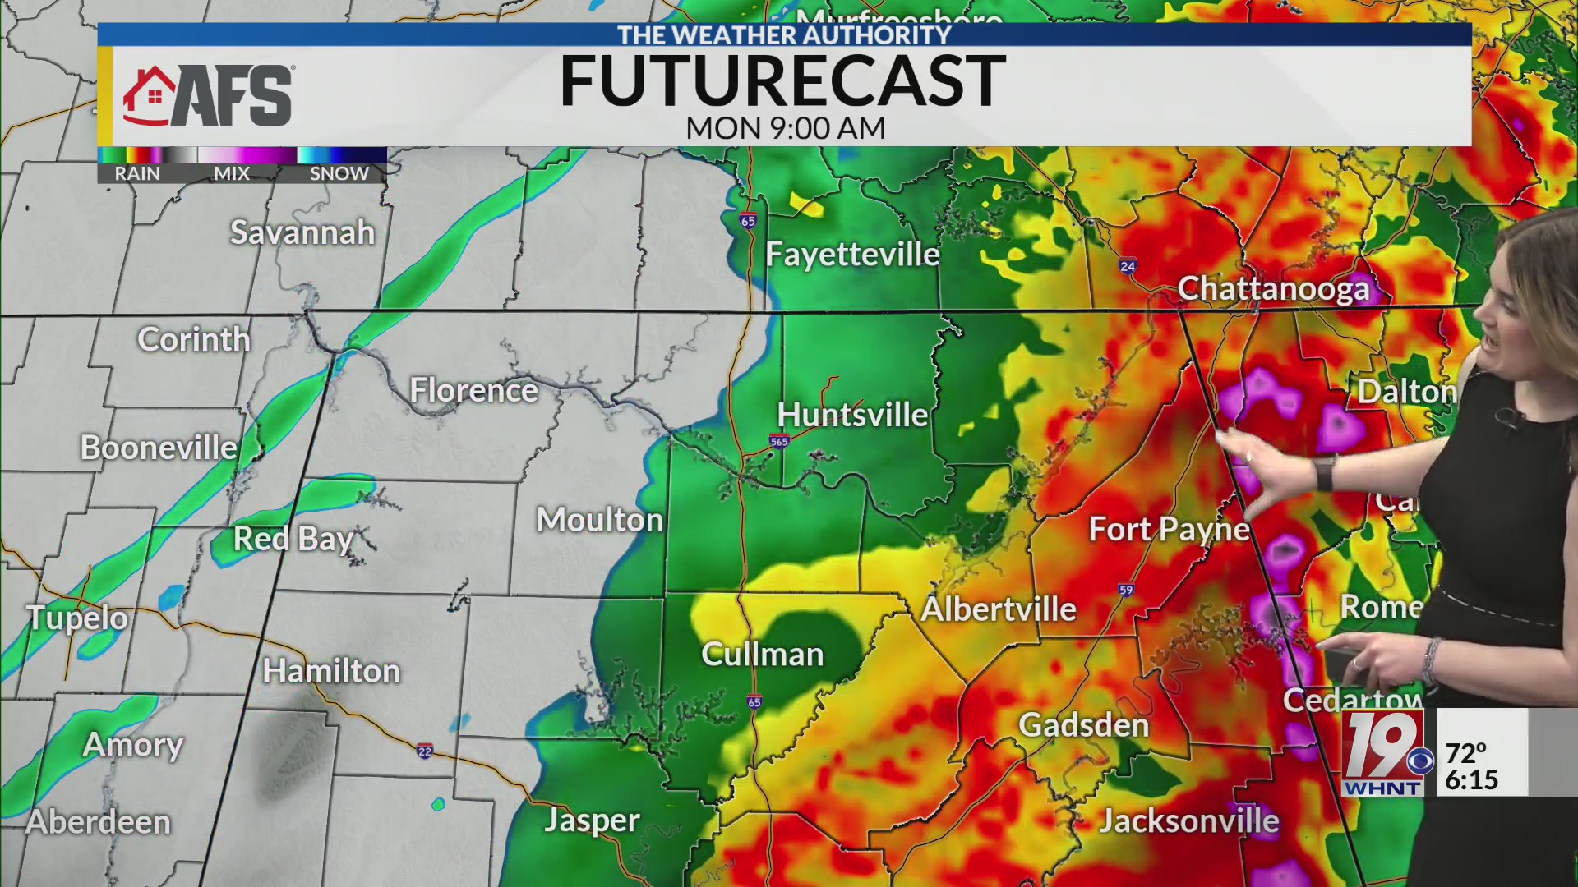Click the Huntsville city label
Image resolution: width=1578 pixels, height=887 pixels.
(x=852, y=415)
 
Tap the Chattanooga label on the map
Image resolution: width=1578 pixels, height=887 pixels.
(x=1273, y=288)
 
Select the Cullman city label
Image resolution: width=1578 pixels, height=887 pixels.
(x=762, y=654)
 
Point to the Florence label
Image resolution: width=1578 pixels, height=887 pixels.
(x=473, y=390)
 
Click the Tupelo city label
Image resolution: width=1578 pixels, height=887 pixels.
(x=77, y=618)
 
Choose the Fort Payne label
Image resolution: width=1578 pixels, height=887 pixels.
(x=1169, y=530)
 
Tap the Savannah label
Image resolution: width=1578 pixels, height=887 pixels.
(x=302, y=232)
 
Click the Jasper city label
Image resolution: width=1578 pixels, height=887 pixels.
(x=592, y=820)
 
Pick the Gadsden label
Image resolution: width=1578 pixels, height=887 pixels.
(x=1084, y=725)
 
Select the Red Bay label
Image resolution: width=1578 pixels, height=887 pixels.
(x=293, y=539)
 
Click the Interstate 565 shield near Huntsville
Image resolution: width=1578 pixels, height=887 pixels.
(x=779, y=441)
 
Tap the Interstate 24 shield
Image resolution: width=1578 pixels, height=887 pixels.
(x=1128, y=266)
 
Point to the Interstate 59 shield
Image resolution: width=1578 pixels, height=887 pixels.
(x=1126, y=590)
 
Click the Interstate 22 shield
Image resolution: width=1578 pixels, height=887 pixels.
(x=424, y=751)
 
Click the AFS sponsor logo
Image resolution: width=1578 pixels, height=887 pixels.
(x=209, y=96)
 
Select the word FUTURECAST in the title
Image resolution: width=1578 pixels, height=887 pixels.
(x=782, y=80)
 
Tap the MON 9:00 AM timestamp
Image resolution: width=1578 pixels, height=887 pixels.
(x=785, y=128)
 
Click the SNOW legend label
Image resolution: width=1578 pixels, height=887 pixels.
(x=339, y=173)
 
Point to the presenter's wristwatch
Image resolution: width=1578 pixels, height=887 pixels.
(x=1324, y=473)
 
